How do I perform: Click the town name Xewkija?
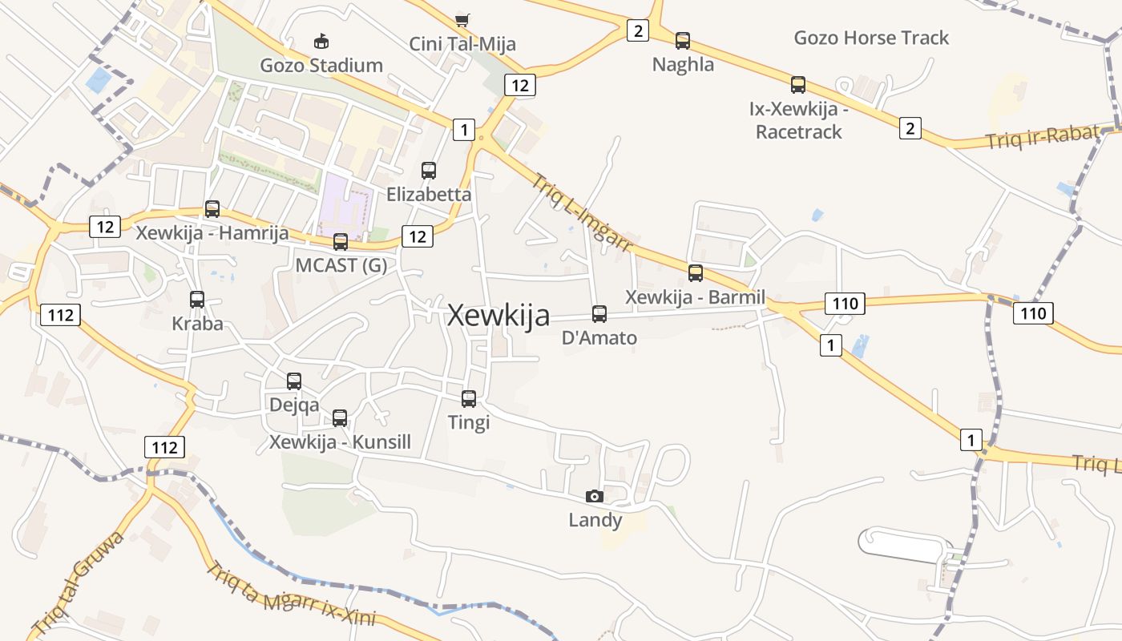coord(498,316)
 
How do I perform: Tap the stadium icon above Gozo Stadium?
coord(321,41)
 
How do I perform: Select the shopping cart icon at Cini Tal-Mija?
coord(462,19)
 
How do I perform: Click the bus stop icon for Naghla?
coord(683,40)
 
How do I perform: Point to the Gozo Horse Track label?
coord(871,38)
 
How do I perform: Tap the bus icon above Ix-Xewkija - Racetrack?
coord(798,84)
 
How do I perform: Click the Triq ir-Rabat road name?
coord(1040,138)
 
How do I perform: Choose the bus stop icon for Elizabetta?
coord(429,170)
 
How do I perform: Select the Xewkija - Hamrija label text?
coord(212,233)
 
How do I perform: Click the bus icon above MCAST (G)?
coord(341,241)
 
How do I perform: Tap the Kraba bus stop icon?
coord(197,300)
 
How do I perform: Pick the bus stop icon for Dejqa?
coord(294,381)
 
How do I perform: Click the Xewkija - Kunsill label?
coord(340,442)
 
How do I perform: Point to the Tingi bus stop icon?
coord(469,398)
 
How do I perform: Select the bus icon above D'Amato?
coord(599,314)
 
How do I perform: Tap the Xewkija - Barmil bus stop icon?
coord(696,272)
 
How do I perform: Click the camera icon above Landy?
coord(595,496)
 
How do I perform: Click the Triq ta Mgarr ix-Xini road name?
coord(290,597)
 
